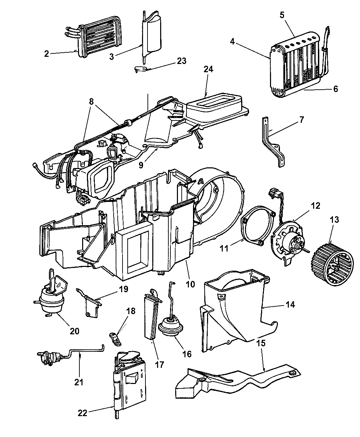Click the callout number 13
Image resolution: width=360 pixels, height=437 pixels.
(334, 220)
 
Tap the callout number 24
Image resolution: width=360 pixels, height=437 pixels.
(208, 69)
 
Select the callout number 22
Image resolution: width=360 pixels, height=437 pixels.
(82, 413)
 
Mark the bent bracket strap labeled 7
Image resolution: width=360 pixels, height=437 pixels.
(273, 144)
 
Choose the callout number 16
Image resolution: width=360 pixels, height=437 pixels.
(187, 354)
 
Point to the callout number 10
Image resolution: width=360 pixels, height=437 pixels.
(190, 284)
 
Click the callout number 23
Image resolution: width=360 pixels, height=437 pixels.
(182, 61)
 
